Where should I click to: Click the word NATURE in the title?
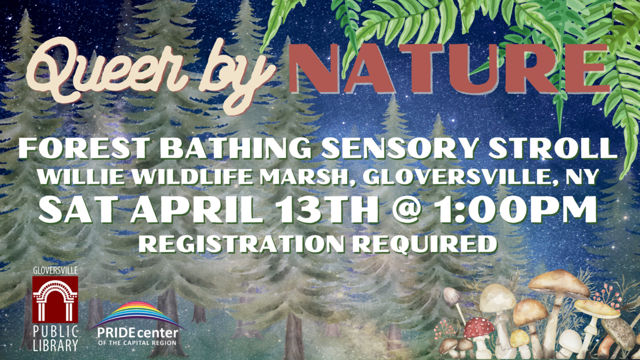pos(448,69)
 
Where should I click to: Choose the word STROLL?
pos(553,148)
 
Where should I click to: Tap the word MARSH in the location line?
pos(305,177)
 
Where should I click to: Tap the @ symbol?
pos(408,211)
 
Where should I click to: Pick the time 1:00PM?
pos(517,210)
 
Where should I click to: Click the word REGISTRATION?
pos(241,244)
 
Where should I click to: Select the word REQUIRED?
pos(425,245)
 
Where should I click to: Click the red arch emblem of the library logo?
pos(55,299)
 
